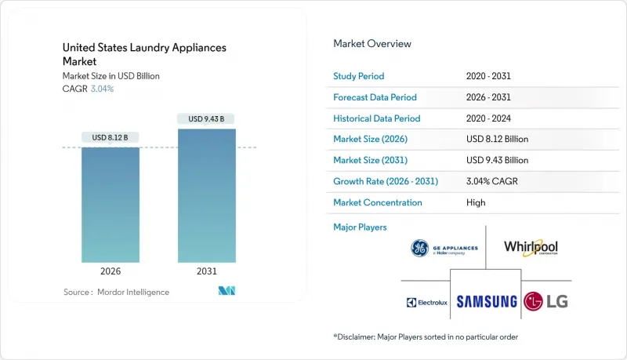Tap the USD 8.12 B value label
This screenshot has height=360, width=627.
pyautogui.click(x=111, y=137)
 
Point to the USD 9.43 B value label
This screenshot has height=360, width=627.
pyautogui.click(x=206, y=119)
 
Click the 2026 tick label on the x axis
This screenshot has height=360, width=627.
pyautogui.click(x=111, y=272)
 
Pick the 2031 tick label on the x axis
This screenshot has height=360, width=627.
pyautogui.click(x=206, y=272)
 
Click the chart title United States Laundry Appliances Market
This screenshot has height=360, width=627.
pyautogui.click(x=144, y=54)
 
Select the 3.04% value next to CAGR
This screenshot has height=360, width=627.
pyautogui.click(x=102, y=89)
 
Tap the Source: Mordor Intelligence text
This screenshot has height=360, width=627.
pyautogui.click(x=116, y=292)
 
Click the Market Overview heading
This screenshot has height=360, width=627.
pyautogui.click(x=372, y=44)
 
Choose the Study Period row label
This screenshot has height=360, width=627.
pyautogui.click(x=359, y=76)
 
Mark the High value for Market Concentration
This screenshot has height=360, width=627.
pyautogui.click(x=475, y=202)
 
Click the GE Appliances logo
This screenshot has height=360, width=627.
pyautogui.click(x=444, y=249)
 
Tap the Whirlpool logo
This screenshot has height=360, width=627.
pyautogui.click(x=531, y=248)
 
